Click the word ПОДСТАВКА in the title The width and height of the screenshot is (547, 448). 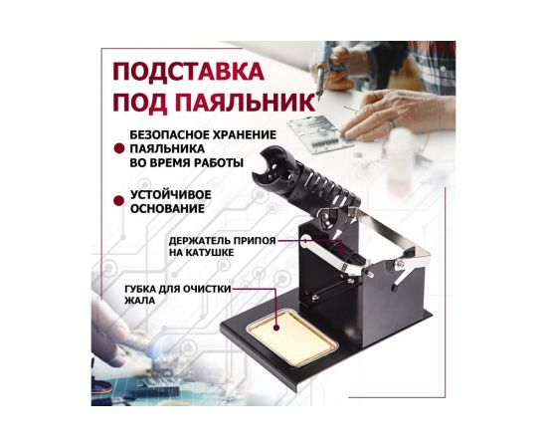point(188,72)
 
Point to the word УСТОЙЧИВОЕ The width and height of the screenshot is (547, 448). point(171,194)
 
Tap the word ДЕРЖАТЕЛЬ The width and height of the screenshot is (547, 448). point(199,241)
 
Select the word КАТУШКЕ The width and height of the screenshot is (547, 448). point(212,253)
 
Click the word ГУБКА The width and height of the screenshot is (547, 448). point(140,290)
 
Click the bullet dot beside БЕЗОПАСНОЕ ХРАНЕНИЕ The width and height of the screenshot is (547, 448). point(119,148)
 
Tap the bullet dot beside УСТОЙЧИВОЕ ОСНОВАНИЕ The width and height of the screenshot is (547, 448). point(119,201)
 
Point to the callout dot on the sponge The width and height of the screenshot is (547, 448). point(276,329)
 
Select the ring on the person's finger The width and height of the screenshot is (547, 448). point(392,124)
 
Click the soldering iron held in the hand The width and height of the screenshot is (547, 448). point(321,78)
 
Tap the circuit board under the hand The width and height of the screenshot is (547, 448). point(320,134)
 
